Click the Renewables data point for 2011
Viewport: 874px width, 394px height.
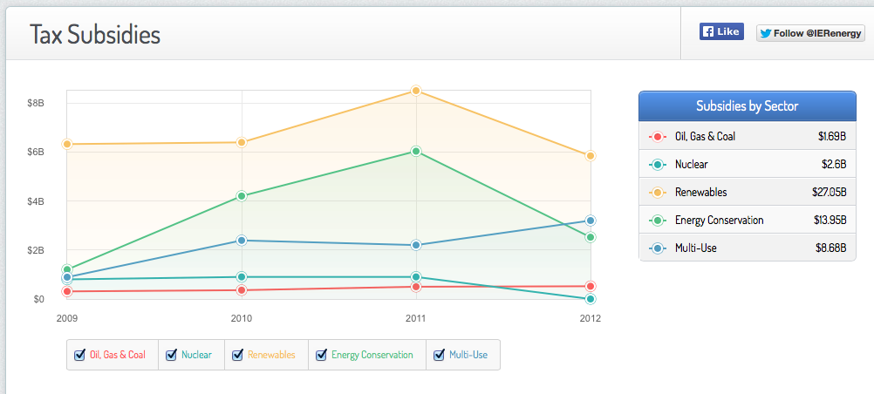416,91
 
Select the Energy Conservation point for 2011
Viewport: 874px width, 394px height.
416,152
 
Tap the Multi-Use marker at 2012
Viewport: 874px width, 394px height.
591,221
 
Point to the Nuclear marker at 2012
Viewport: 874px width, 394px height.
591,299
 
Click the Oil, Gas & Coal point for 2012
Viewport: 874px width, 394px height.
591,286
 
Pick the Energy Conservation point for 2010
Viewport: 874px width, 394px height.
242,196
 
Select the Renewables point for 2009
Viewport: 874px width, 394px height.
67,144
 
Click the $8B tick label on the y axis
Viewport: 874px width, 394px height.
36,103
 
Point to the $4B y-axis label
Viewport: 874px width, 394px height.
36,201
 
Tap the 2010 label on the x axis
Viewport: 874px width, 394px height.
242,318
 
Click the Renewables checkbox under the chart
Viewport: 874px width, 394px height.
237,355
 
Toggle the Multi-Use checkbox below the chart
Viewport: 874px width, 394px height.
439,355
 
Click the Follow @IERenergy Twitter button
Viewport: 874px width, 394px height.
810,33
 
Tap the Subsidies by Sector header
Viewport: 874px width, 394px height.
747,106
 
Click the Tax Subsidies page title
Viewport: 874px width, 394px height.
95,35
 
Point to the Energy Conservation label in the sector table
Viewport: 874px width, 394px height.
719,220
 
